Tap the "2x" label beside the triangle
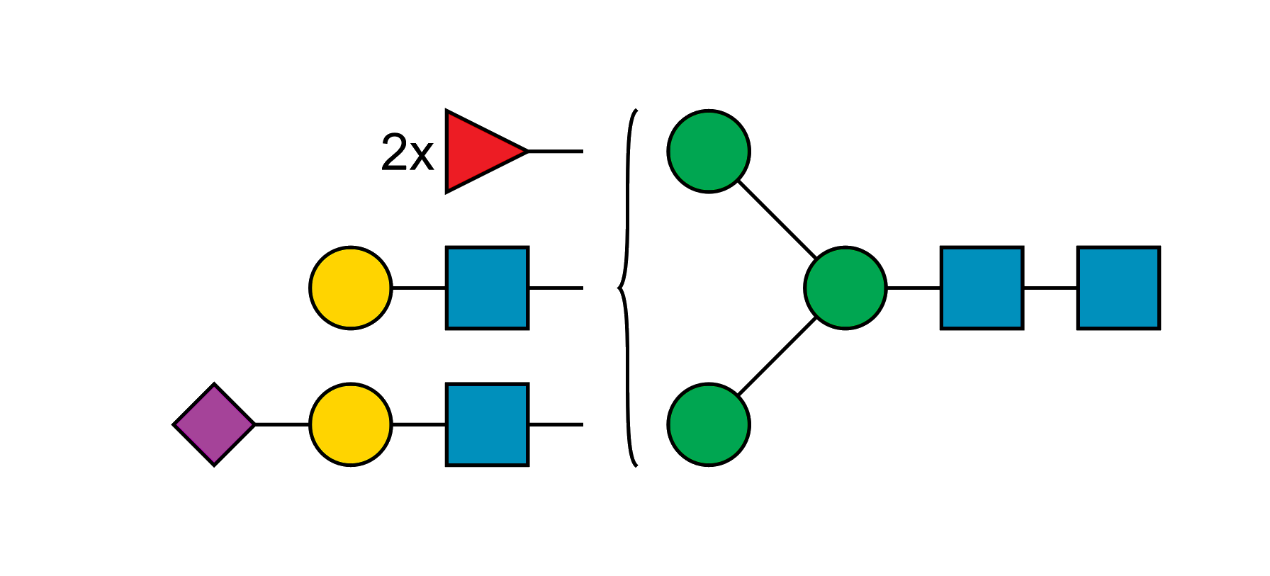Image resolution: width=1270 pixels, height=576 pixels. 407,152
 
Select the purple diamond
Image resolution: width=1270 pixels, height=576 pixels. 214,424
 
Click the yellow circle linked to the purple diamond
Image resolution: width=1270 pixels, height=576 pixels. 351,424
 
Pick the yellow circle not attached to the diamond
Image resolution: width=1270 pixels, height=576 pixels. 351,288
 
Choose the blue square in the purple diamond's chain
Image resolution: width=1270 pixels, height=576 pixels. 487,424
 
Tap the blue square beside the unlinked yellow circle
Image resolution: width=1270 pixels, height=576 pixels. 487,288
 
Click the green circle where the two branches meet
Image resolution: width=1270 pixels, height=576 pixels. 845,288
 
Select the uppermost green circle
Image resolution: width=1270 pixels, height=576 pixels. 709,151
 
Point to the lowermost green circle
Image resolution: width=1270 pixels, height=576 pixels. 709,424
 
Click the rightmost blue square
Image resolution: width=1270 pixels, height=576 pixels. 1118,288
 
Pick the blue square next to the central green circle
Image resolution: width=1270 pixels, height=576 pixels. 982,288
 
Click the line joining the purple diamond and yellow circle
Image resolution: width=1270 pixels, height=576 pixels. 281,424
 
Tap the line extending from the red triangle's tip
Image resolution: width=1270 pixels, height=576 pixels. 556,152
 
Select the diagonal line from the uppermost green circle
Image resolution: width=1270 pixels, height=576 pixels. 777,219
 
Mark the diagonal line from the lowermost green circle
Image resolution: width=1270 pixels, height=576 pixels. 777,356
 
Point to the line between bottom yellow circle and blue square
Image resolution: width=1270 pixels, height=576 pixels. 418,424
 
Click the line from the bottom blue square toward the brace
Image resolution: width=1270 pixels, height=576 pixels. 556,424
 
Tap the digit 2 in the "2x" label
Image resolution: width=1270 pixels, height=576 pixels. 394,152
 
